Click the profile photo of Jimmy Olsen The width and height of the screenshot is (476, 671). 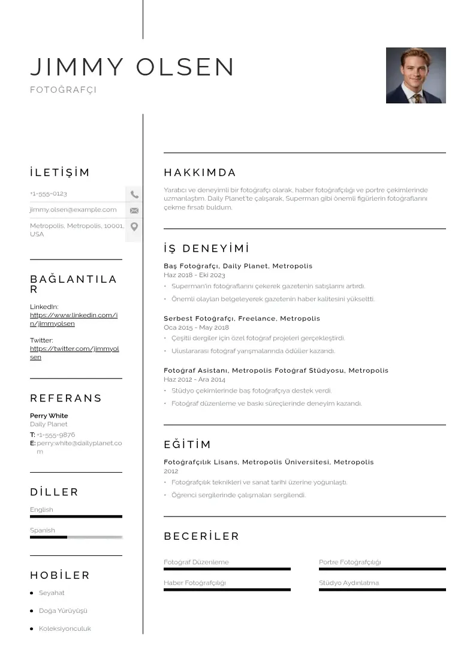click(x=415, y=75)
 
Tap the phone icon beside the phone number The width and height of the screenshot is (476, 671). click(x=134, y=194)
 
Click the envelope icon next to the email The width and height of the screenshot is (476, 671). click(x=134, y=210)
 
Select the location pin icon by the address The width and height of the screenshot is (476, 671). click(x=134, y=226)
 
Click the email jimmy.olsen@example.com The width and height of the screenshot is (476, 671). click(x=73, y=210)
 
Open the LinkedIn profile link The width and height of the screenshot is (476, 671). click(x=74, y=319)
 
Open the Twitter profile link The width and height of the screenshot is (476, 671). click(x=74, y=353)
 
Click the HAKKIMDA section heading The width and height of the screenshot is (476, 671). click(x=200, y=173)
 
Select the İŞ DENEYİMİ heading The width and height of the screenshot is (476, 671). click(x=206, y=249)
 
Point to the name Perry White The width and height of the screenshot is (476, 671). click(x=49, y=416)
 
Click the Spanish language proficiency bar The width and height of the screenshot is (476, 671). click(x=76, y=537)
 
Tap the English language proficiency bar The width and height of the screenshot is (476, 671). click(x=76, y=516)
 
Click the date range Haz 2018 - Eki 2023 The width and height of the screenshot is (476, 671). click(x=194, y=275)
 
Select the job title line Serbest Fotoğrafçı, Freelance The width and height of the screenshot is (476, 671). click(x=242, y=318)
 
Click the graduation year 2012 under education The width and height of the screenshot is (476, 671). click(x=171, y=471)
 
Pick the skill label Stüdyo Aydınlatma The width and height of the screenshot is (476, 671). click(x=349, y=583)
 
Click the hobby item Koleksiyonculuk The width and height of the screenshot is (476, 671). click(x=65, y=629)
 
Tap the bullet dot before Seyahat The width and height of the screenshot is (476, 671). click(x=31, y=593)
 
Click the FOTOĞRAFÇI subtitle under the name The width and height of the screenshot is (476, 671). click(x=63, y=90)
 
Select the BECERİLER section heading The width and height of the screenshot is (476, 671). click(x=201, y=536)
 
